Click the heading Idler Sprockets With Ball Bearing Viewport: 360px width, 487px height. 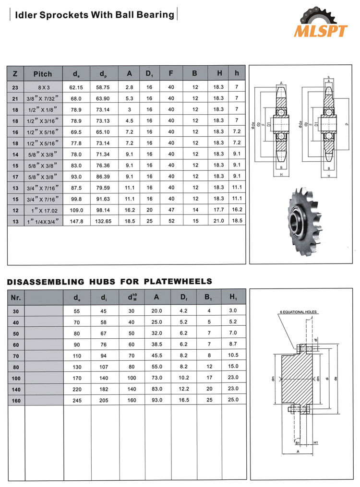coord(95,14)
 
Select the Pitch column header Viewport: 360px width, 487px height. coord(42,74)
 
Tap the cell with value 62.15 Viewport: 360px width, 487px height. coord(76,87)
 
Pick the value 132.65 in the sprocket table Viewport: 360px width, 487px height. coord(103,221)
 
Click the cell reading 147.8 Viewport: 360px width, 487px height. coord(76,221)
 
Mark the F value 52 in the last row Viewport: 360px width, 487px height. coord(171,221)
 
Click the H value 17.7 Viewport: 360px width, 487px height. coord(218,210)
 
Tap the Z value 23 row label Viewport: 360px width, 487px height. coord(15,87)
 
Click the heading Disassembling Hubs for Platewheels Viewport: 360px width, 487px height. coord(109,281)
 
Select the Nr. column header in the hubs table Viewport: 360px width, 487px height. coord(15,297)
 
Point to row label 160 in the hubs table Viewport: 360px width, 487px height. coord(15,400)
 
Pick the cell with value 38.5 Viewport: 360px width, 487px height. coord(157,344)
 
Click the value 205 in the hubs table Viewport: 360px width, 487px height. coord(104,400)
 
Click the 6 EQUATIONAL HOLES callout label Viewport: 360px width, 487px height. coord(298,312)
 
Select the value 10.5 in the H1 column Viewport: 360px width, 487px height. coord(233,356)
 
